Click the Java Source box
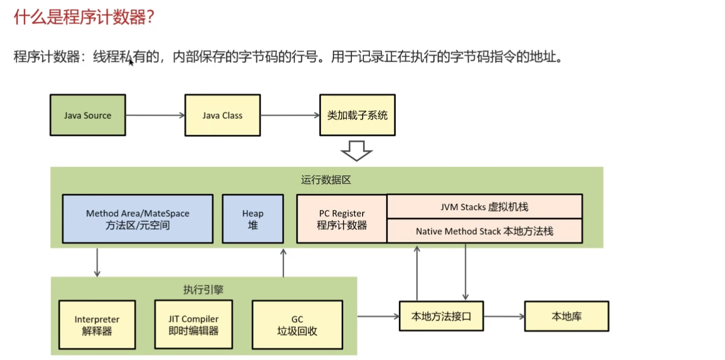[88, 115]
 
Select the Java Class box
[222, 115]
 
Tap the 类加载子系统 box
[357, 115]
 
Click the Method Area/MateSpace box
[138, 219]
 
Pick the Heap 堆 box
[253, 219]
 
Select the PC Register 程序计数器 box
[342, 219]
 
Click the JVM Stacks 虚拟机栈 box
[484, 207]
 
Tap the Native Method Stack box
[484, 231]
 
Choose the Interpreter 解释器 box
[97, 325]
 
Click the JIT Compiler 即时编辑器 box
[194, 324]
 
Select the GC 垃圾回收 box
[297, 325]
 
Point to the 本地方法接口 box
[441, 316]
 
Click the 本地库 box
[566, 316]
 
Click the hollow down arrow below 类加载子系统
[356, 151]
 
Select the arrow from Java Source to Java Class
[155, 115]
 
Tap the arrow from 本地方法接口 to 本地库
[504, 316]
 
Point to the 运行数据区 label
[326, 180]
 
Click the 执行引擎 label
[203, 289]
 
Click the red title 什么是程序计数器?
[84, 17]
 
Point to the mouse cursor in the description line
[131, 61]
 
